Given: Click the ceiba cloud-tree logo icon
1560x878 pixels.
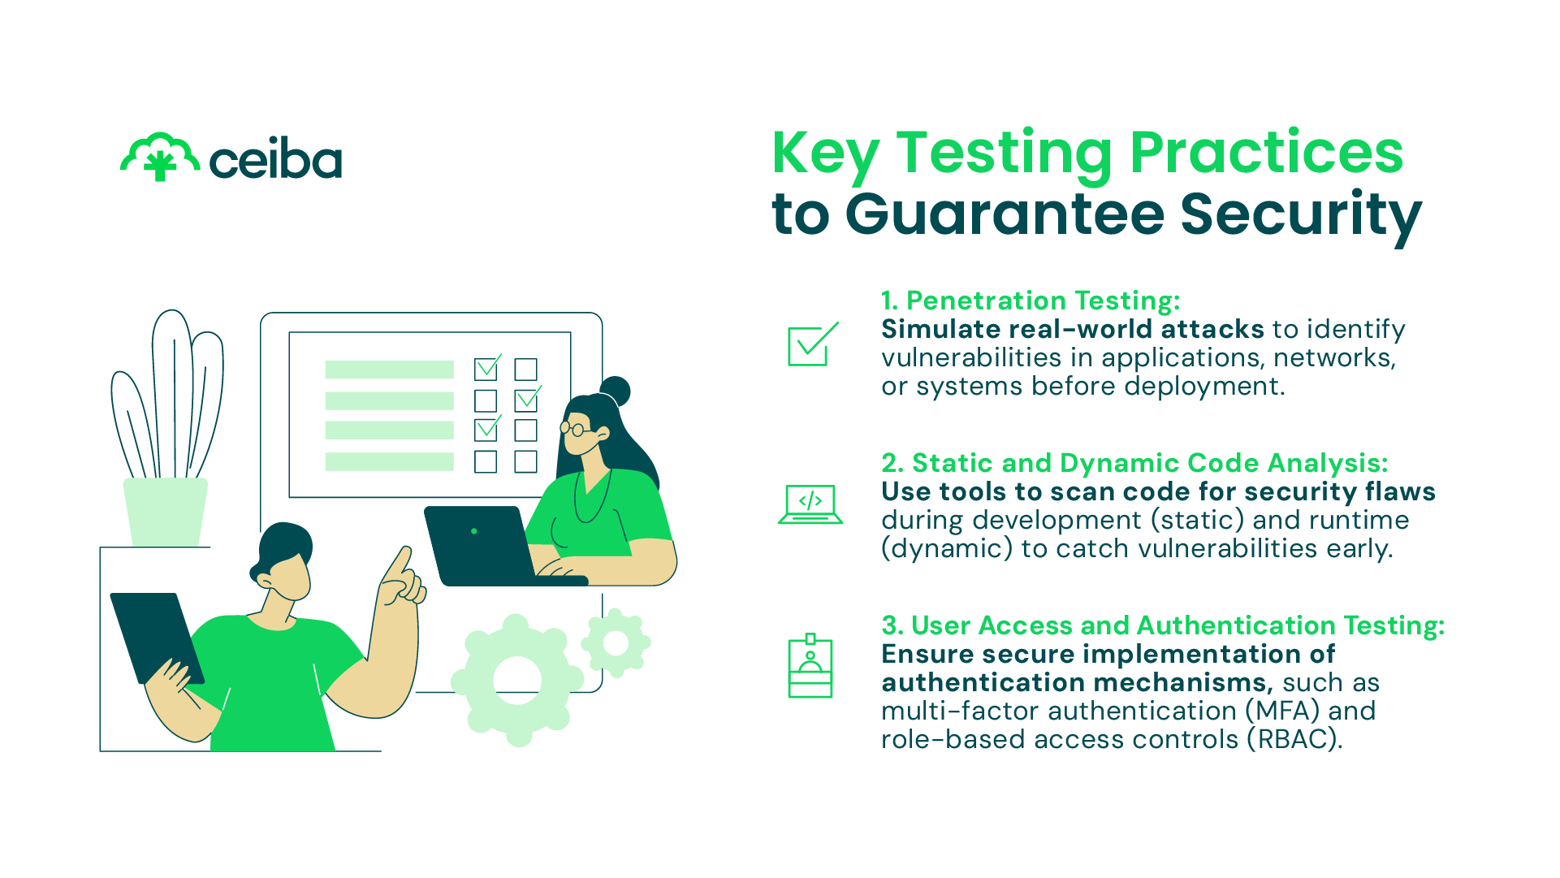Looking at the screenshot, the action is coord(160,158).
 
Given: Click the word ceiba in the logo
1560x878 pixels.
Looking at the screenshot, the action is coord(275,160).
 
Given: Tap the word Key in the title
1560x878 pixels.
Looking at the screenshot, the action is coord(826,155).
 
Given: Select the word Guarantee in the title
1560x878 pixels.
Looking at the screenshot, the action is coord(1005,214).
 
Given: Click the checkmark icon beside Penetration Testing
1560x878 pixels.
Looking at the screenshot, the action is coord(813,344).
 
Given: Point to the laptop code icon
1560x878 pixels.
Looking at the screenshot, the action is coord(810,504).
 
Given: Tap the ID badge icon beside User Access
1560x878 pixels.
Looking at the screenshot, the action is coord(810,666).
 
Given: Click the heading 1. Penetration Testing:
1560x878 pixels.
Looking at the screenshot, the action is coord(1031,301).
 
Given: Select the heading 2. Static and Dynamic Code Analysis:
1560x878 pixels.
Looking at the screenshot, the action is coord(1134,463).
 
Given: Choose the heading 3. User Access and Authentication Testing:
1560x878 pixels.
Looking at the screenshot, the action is coord(1163,625).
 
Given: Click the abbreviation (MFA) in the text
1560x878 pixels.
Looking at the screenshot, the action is coord(1282,711).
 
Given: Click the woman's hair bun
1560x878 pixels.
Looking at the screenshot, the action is coord(615,391).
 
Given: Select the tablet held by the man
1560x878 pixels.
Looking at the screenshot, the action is coord(157,638).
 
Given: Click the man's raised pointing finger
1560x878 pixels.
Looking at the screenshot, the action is coord(398,564).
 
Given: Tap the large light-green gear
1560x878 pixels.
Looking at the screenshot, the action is coord(517,680).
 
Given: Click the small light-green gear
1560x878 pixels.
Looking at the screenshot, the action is coord(616,643).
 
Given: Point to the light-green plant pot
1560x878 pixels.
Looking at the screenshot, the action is coord(166,512).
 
